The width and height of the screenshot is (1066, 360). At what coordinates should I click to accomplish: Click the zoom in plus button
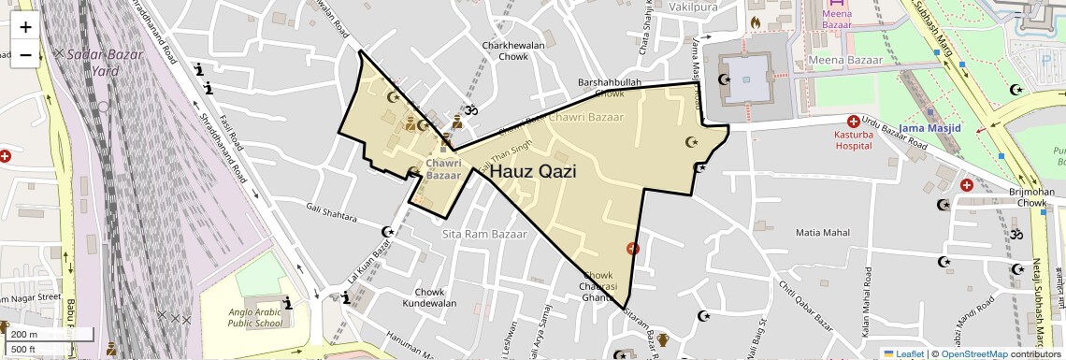point(25,26)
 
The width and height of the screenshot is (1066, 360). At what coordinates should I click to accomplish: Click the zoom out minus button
point(25,54)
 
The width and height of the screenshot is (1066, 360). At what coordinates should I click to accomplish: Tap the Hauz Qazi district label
point(532,171)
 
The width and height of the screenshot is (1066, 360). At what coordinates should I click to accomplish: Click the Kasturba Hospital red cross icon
point(853,122)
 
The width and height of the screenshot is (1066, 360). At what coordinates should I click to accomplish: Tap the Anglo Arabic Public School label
point(255,317)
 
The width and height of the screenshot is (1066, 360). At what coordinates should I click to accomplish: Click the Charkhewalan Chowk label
point(505,50)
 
